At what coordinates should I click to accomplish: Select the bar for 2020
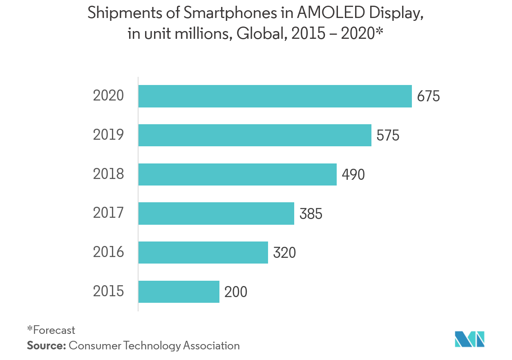pos(275,96)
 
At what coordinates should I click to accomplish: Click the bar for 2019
pos(255,135)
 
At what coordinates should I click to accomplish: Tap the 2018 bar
pos(237,174)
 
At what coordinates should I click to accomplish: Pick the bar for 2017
pos(216,213)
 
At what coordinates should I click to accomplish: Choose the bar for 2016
pos(203,253)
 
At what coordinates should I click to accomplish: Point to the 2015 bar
pos(179,291)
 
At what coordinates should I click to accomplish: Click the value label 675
pos(428,96)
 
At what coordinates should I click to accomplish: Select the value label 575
pos(388,135)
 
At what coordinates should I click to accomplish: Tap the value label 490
pos(353,174)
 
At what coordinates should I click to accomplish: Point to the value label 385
pos(311,213)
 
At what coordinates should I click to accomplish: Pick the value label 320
pos(284,253)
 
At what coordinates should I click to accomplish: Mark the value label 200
pos(236,292)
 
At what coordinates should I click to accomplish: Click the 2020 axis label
pos(108,96)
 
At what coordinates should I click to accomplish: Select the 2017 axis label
pos(108,213)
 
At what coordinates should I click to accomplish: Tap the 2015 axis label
pos(108,291)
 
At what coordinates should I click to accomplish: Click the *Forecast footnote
pos(51,330)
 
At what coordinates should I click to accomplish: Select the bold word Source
pos(46,345)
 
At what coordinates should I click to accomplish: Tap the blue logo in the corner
pos(470,339)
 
